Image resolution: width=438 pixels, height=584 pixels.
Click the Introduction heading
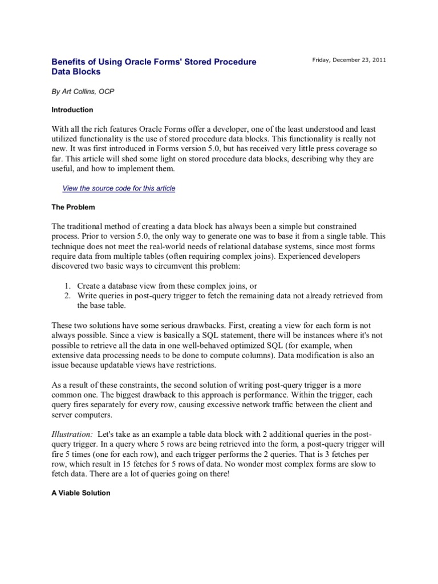coord(72,109)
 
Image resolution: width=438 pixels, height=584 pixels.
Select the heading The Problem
coord(73,206)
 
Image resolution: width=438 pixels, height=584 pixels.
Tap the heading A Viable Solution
coord(80,492)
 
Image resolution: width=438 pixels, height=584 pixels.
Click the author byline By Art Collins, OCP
coord(83,91)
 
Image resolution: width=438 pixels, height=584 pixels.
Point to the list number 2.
coord(66,295)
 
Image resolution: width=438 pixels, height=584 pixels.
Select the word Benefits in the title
coord(69,62)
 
